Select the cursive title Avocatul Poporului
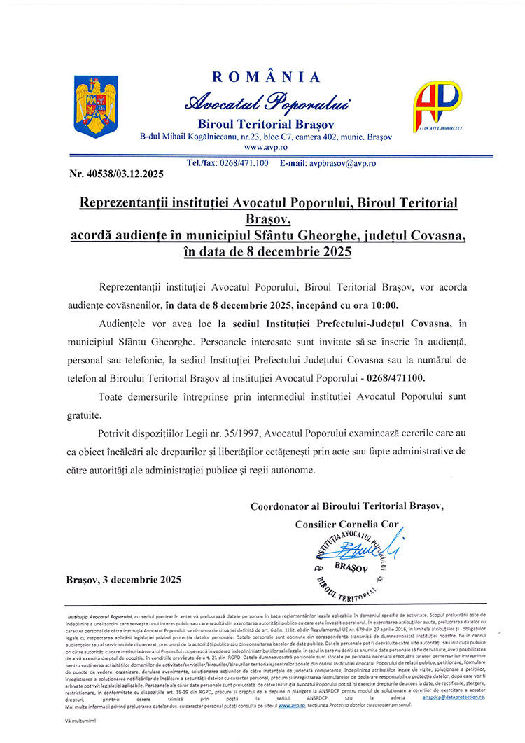click(x=266, y=102)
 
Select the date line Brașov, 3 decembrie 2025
click(x=123, y=579)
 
